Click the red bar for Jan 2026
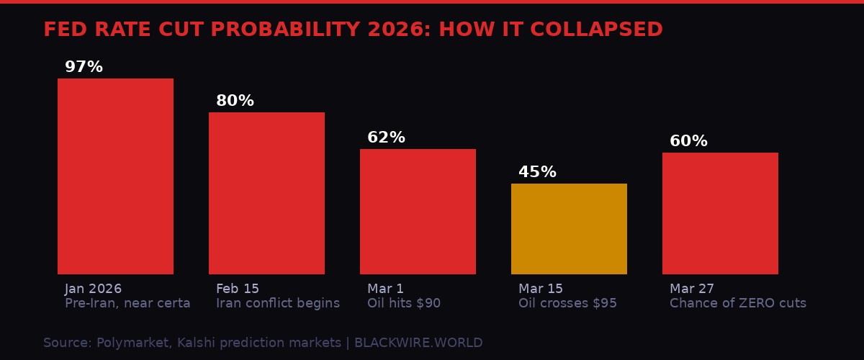click(x=115, y=176)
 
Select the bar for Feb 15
click(x=266, y=193)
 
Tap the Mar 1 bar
click(x=418, y=212)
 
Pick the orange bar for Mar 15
click(x=569, y=229)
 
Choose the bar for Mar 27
click(x=720, y=213)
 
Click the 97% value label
click(x=84, y=67)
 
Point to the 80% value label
click(x=235, y=101)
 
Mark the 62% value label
click(x=386, y=138)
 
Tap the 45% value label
click(x=537, y=172)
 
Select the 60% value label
click(x=688, y=141)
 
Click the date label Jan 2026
click(x=93, y=289)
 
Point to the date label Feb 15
click(x=238, y=289)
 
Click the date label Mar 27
click(x=692, y=289)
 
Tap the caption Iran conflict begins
click(x=278, y=303)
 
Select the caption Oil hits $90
click(x=404, y=303)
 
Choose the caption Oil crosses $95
click(x=567, y=303)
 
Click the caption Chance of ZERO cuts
click(x=738, y=303)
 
